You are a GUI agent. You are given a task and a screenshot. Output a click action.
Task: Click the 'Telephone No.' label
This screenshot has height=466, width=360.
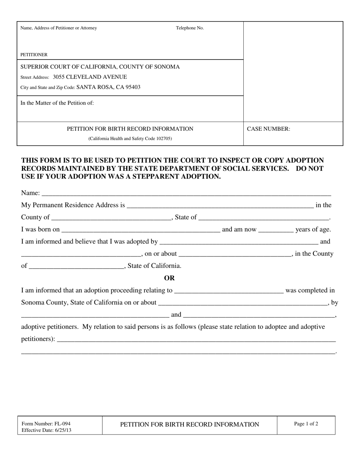(189, 28)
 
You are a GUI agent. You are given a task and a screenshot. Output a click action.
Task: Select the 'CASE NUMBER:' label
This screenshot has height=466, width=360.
(269, 129)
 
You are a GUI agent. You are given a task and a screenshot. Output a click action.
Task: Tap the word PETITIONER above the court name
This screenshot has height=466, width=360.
(34, 55)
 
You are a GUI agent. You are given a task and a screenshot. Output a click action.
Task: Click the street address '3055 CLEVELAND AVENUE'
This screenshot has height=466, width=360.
(90, 77)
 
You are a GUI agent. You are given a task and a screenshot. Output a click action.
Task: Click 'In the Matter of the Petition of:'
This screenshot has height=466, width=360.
(57, 103)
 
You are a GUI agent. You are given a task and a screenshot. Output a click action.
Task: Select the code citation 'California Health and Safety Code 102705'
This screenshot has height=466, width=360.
(130, 139)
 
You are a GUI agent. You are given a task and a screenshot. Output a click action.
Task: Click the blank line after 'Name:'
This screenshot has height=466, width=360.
(186, 194)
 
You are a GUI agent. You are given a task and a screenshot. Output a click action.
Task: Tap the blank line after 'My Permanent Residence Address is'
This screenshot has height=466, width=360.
(220, 206)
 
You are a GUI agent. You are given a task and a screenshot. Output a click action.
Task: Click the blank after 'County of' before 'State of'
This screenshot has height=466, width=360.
(111, 218)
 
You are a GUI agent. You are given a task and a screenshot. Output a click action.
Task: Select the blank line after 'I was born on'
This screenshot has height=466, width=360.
(141, 230)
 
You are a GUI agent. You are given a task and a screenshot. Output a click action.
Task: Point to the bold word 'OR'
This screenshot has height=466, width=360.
(169, 278)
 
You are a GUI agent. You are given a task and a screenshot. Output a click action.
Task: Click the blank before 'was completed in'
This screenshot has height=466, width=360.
(228, 291)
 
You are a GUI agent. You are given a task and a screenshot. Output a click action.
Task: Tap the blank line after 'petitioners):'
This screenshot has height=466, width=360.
(196, 339)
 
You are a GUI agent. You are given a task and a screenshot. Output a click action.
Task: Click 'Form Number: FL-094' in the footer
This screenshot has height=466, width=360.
(46, 424)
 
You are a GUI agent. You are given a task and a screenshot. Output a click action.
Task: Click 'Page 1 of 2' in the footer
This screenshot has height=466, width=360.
(306, 424)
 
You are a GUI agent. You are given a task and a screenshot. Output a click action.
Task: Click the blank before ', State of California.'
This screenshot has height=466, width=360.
(76, 266)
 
